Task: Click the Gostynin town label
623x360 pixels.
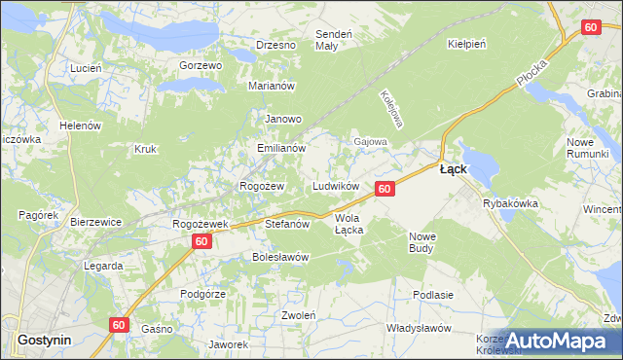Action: tap(42, 340)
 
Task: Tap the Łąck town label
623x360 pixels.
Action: tap(453, 168)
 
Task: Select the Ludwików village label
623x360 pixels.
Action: tap(337, 186)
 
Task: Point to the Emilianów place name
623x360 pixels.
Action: tap(281, 149)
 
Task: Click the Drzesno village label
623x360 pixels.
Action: tap(275, 45)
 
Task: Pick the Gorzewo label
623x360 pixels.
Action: tap(202, 65)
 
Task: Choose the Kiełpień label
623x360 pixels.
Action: tap(466, 45)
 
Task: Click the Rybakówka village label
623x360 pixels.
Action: tap(511, 203)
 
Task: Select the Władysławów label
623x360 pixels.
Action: tap(416, 328)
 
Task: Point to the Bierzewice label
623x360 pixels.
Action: tap(95, 222)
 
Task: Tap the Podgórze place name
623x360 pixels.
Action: tap(203, 294)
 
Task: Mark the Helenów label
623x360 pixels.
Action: tap(81, 126)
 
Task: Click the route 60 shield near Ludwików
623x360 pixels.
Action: tap(385, 189)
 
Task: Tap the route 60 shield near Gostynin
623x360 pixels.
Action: tap(119, 326)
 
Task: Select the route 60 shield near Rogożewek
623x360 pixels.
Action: tap(201, 240)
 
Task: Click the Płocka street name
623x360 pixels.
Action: tap(532, 71)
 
